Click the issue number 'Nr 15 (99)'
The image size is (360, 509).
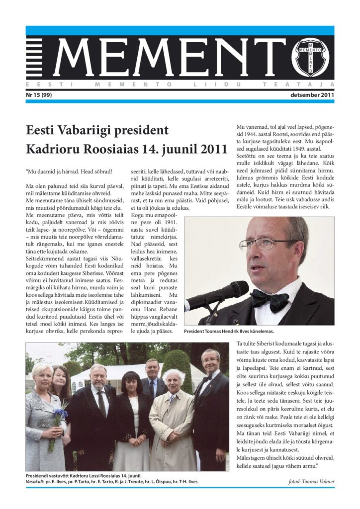click(x=42, y=94)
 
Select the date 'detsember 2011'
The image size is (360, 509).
click(x=311, y=94)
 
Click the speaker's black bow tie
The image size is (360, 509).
click(x=270, y=299)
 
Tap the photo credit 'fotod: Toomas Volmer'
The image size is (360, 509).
click(x=311, y=482)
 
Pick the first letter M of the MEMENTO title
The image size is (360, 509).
click(x=72, y=57)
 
